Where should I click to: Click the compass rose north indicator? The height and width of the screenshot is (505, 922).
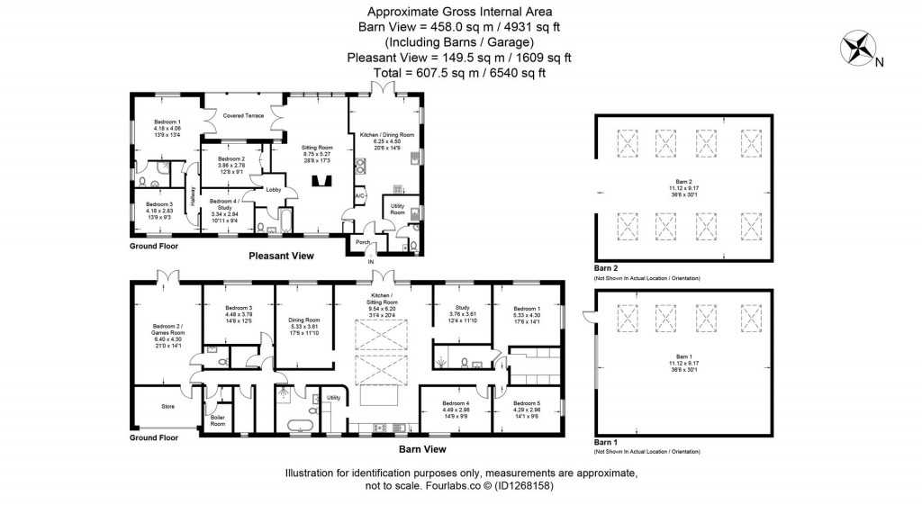click(860, 48)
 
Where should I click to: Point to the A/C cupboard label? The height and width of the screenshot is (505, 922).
click(359, 195)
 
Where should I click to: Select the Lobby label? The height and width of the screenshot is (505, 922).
click(273, 189)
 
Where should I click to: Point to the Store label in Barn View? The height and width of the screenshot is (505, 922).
click(167, 407)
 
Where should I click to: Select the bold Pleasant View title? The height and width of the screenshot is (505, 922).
click(281, 257)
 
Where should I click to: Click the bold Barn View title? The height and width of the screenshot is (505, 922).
click(422, 448)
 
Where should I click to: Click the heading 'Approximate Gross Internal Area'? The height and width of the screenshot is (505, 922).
click(459, 12)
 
